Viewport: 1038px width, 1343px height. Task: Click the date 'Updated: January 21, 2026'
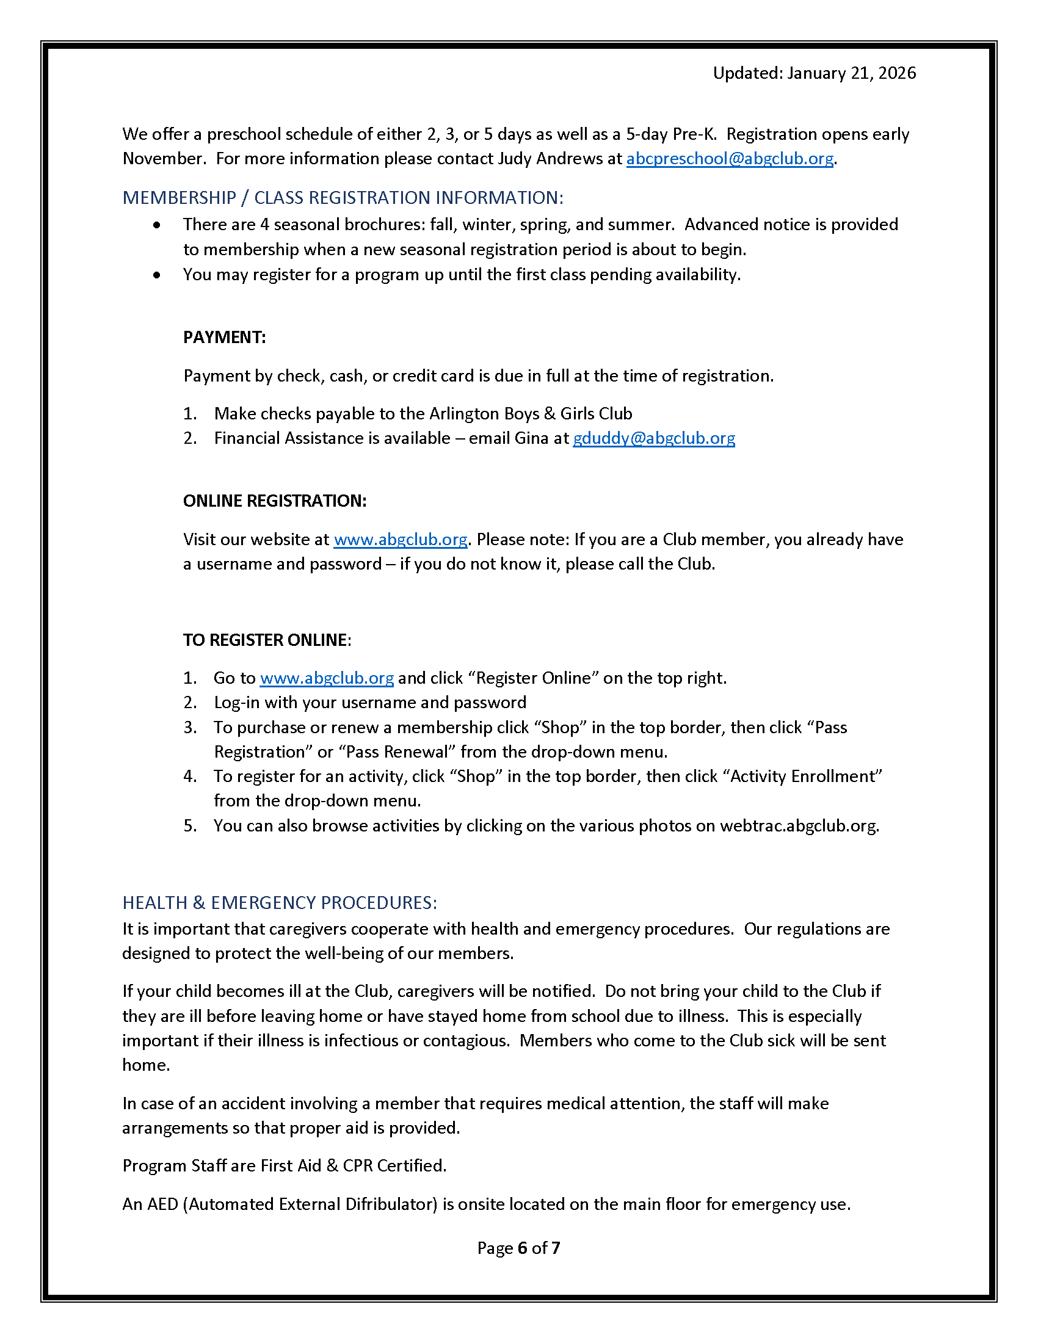[x=813, y=73]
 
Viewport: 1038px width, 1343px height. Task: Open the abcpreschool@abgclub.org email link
[x=729, y=159]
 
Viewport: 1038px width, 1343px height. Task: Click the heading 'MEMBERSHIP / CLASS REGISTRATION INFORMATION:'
[x=343, y=197]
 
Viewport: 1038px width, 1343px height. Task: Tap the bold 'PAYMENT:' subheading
[x=225, y=337]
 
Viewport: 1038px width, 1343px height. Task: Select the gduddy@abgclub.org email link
[x=654, y=438]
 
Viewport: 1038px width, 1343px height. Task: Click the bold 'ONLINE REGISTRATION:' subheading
[x=274, y=501]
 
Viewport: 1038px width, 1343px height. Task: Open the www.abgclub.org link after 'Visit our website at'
[x=401, y=539]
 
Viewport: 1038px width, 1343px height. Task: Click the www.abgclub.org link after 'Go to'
[x=327, y=678]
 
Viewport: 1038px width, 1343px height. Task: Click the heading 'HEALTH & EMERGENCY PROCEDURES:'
[x=280, y=902]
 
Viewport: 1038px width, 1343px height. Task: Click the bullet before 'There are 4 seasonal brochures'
[x=158, y=225]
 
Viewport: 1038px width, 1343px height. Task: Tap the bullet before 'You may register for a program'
[x=158, y=275]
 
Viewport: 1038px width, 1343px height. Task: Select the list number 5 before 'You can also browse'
[x=189, y=825]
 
